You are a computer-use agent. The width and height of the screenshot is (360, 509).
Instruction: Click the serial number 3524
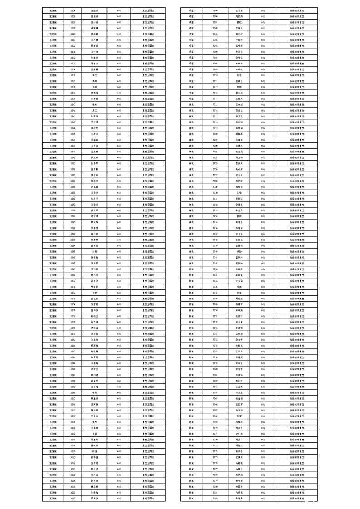pyautogui.click(x=73, y=10)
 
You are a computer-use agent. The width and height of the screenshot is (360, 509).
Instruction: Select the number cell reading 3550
pyautogui.click(x=73, y=163)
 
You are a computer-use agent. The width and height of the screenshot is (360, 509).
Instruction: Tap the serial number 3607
pyautogui.click(x=73, y=498)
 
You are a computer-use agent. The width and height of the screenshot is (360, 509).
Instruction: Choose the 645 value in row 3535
pyautogui.click(x=118, y=75)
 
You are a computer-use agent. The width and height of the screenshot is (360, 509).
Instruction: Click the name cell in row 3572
pyautogui.click(x=94, y=293)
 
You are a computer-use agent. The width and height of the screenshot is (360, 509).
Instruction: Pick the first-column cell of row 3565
pyautogui.click(x=53, y=251)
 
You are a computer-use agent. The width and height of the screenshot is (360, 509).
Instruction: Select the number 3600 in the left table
pyautogui.click(x=73, y=457)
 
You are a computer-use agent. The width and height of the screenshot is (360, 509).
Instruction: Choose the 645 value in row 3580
pyautogui.click(x=118, y=340)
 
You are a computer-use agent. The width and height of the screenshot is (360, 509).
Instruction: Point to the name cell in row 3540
pyautogui.click(x=94, y=104)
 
